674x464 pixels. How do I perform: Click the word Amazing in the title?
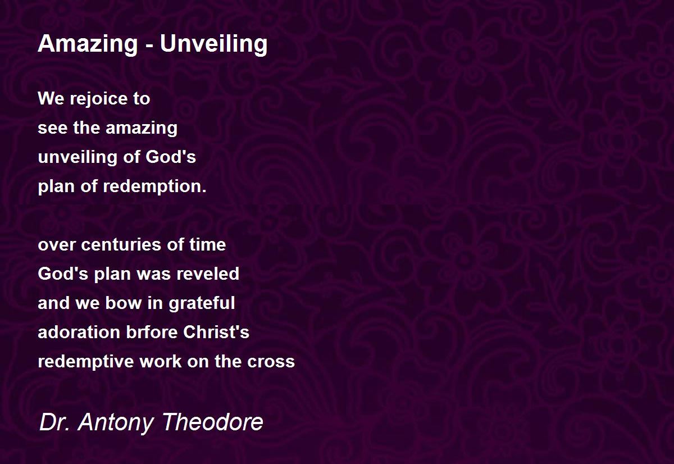click(x=88, y=44)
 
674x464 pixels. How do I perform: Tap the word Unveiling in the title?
click(x=213, y=44)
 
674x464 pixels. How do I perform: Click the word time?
click(x=208, y=244)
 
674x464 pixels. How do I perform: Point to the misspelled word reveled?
click(x=208, y=274)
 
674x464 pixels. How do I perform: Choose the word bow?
click(x=124, y=303)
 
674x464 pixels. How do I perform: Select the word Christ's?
click(x=216, y=332)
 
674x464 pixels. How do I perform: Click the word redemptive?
click(x=86, y=362)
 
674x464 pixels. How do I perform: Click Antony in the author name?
click(x=116, y=423)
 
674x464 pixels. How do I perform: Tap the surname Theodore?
click(x=213, y=422)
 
